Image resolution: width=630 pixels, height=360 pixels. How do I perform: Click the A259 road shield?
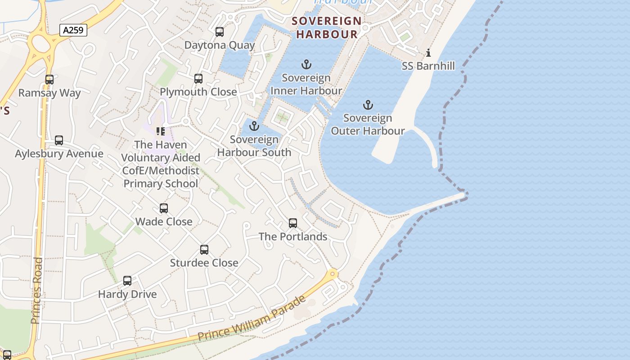[73, 30]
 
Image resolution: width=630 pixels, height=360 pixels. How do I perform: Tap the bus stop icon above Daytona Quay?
[220, 32]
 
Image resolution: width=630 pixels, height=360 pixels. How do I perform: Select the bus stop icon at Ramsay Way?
[49, 80]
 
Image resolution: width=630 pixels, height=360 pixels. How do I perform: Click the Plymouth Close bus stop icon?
[198, 79]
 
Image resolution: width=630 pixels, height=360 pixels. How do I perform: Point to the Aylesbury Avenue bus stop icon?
[59, 140]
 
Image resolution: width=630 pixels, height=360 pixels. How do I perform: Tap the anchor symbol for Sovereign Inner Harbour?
[306, 64]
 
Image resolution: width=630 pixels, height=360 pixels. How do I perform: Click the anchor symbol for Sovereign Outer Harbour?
[368, 105]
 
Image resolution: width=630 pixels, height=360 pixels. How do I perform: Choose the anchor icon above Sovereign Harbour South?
[255, 126]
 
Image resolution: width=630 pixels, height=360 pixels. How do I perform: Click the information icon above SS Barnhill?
[428, 53]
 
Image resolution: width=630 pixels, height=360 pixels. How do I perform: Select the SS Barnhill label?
[428, 66]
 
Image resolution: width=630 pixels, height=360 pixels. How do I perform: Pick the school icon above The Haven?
[161, 131]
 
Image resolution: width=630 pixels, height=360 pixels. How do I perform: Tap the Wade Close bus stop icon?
[164, 208]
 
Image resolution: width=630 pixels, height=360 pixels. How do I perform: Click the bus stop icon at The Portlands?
[293, 223]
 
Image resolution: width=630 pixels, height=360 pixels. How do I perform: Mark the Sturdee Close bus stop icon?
[204, 250]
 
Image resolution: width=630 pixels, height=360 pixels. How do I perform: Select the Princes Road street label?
[37, 290]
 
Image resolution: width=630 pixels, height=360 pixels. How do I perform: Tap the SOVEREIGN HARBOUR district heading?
[327, 27]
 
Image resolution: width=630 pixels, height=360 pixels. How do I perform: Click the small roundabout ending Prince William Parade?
[333, 273]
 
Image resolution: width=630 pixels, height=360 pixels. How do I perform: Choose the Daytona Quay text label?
[220, 45]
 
